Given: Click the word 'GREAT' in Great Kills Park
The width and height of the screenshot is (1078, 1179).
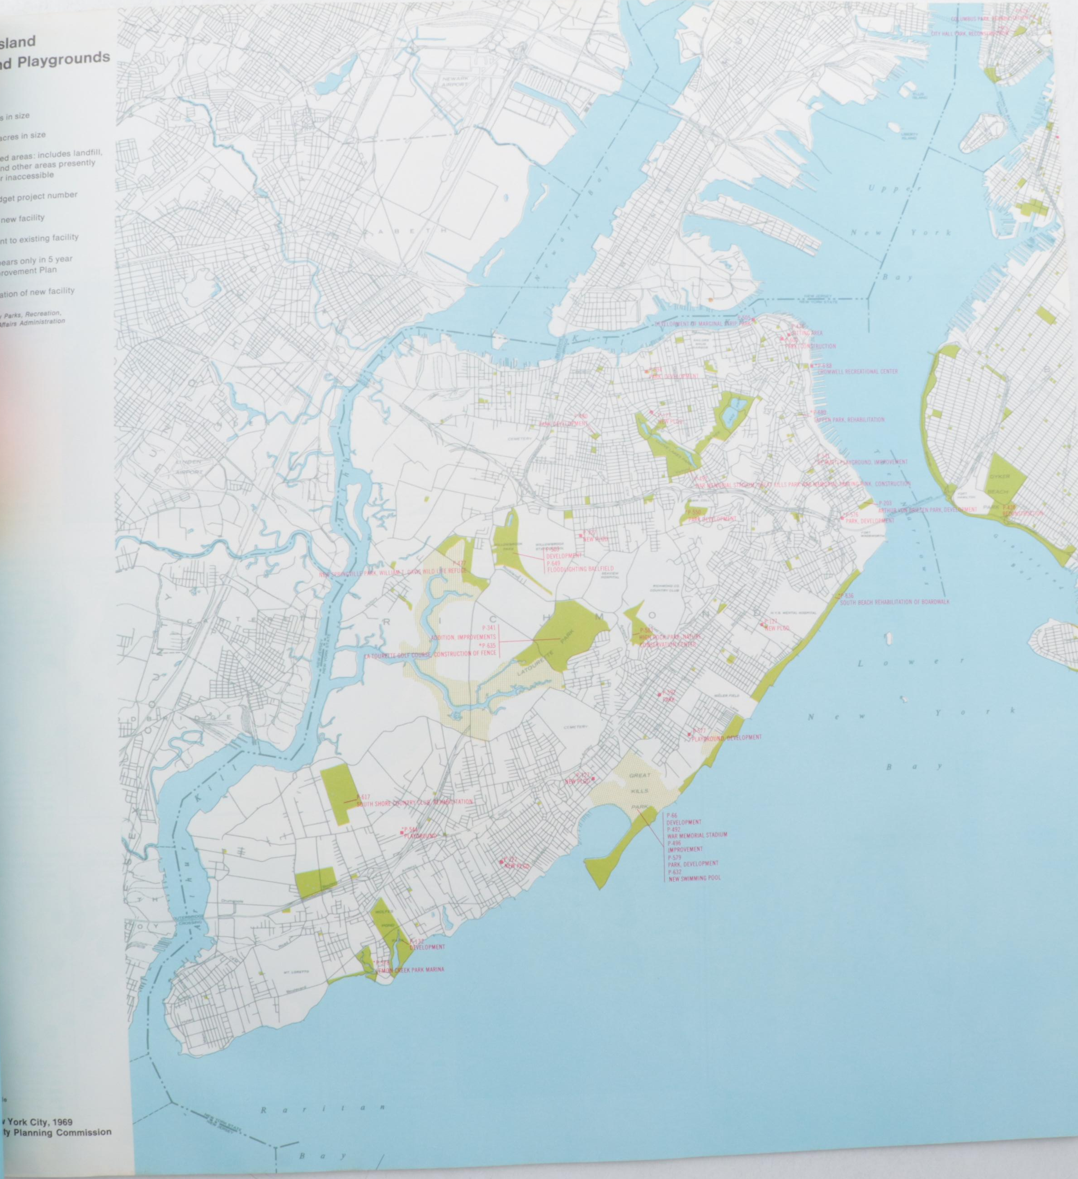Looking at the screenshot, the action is (x=636, y=775).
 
